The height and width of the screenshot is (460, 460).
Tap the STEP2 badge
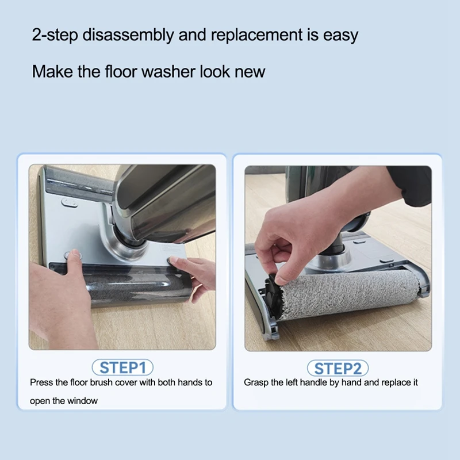338,368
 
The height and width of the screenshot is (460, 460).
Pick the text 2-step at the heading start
55,34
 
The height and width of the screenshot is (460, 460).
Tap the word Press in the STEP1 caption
42,382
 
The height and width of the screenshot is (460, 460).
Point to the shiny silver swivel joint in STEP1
124,241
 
